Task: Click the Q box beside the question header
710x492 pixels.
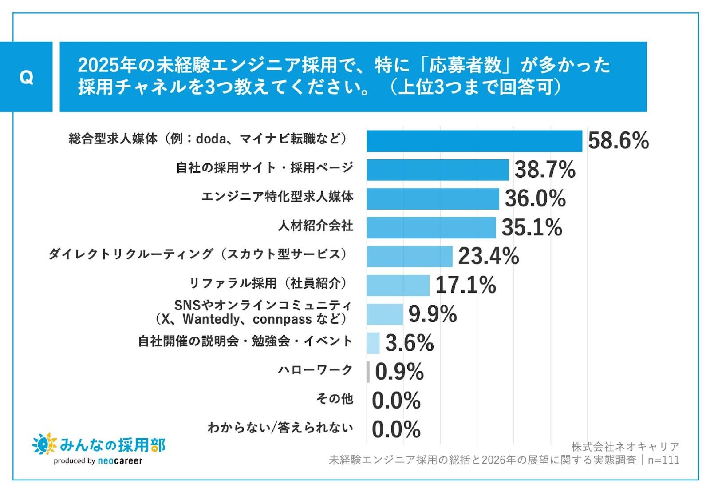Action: (x=26, y=77)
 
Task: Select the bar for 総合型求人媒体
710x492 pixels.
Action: (x=474, y=141)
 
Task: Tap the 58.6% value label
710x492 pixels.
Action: (x=618, y=141)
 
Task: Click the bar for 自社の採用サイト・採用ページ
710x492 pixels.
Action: (x=438, y=170)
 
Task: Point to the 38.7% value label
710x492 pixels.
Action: (x=544, y=170)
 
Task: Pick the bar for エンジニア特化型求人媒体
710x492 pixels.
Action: (x=433, y=198)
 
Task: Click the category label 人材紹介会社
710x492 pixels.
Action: (x=316, y=226)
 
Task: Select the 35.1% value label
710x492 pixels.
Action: (x=532, y=227)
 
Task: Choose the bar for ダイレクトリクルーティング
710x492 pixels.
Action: (x=409, y=256)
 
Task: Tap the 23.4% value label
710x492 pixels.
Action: (x=488, y=256)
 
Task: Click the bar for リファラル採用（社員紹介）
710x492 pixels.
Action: (x=398, y=285)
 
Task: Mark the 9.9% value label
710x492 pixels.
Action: (x=432, y=314)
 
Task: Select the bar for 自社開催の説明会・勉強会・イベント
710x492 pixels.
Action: (x=373, y=343)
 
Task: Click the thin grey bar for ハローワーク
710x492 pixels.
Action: (x=368, y=372)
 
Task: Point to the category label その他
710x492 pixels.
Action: (x=335, y=399)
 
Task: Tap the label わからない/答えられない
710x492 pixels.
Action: (x=280, y=428)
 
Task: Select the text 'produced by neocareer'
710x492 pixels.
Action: (x=98, y=461)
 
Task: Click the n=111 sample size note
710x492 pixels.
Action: (x=663, y=460)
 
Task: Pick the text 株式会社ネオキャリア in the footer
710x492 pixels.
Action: (x=625, y=447)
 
